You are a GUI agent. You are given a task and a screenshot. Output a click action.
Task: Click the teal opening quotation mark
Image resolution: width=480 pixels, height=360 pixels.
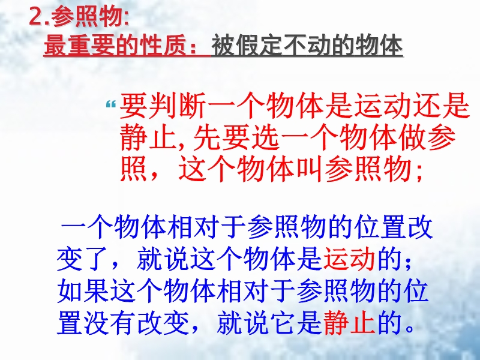[x=111, y=104]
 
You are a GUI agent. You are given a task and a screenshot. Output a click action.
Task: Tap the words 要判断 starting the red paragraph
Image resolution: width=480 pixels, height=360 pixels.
[x=163, y=106]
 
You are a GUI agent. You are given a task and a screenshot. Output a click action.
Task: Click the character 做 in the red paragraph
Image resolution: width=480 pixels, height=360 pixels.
[x=412, y=137]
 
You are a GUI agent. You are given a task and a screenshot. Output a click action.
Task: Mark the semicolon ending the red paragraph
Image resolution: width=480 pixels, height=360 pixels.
[x=419, y=172]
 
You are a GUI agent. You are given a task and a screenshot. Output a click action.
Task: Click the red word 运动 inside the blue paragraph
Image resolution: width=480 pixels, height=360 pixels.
[x=349, y=260]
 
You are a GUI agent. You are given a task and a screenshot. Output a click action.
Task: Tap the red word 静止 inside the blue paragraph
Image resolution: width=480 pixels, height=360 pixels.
[x=349, y=322]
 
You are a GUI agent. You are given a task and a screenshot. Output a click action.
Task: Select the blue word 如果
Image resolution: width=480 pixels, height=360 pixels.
[x=83, y=291]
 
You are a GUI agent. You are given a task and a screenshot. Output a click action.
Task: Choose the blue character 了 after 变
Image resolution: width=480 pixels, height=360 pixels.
[x=96, y=260]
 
